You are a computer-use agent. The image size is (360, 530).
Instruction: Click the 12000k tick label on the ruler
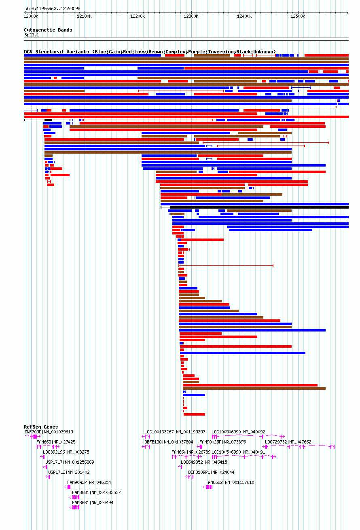pos(31,16)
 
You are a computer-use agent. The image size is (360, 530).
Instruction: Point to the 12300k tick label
pos(191,16)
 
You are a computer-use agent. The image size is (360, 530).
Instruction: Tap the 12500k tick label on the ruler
pos(298,16)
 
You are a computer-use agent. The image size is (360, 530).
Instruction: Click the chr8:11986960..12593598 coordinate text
pos(52,8)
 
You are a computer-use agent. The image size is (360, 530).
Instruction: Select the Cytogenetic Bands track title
pos(48,30)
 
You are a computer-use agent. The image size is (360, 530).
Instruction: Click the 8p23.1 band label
pos(32,35)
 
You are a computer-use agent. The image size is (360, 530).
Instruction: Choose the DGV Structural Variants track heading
pos(150,52)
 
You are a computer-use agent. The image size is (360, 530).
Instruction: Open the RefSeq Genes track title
pos(41,427)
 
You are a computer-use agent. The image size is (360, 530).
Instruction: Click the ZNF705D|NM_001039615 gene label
pos(49,432)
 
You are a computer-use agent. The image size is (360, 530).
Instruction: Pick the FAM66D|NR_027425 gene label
pos(56,442)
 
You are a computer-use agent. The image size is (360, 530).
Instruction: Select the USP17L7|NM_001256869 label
pos(70,462)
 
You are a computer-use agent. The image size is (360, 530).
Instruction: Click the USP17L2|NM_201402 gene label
pos(69,472)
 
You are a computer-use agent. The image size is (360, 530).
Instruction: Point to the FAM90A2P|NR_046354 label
pos(89,482)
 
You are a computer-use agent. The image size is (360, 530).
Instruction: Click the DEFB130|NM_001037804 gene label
pos(169,442)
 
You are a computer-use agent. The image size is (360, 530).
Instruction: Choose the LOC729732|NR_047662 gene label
pos(288,442)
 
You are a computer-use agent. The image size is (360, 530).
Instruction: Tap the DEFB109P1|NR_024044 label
pos(211,472)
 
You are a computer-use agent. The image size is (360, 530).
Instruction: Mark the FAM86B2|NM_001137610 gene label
pos(230,482)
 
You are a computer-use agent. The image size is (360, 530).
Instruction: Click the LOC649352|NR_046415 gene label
pos(204,462)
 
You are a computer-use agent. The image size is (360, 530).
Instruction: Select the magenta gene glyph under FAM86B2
pos(209,487)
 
